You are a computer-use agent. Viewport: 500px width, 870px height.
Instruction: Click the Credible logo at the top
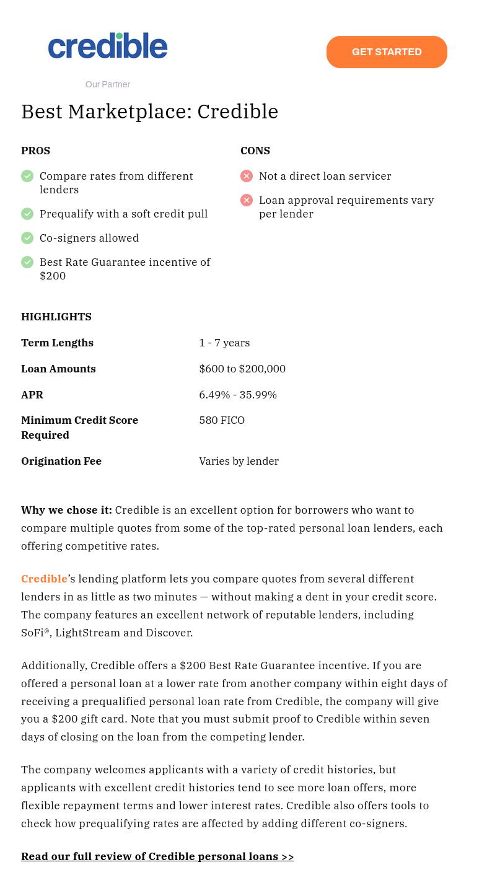click(x=108, y=46)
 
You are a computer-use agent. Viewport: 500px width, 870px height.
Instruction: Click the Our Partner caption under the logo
click(x=108, y=84)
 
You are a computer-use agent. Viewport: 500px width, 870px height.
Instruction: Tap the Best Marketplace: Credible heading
click(x=150, y=112)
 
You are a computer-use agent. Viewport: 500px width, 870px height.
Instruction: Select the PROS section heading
click(x=35, y=151)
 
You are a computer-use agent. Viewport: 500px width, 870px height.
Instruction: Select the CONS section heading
click(x=255, y=151)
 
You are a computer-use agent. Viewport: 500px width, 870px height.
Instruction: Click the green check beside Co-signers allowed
click(x=27, y=238)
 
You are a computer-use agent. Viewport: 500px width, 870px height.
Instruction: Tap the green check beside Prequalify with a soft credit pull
click(x=27, y=214)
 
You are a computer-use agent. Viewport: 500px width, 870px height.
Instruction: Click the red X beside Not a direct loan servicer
click(x=247, y=176)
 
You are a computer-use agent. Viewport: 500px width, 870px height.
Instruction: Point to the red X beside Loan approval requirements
click(x=247, y=200)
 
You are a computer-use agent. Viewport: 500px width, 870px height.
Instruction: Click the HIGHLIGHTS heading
click(x=56, y=317)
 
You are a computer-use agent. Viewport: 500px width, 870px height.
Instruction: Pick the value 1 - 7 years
click(x=224, y=343)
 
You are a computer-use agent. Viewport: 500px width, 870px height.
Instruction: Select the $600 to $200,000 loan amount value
click(x=242, y=369)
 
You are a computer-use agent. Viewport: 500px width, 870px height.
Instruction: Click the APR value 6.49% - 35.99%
click(x=238, y=395)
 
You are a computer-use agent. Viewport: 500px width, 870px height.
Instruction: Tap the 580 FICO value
click(x=222, y=420)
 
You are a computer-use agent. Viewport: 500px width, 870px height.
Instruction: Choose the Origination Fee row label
click(x=61, y=461)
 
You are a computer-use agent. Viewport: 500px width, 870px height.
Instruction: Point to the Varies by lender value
click(x=239, y=461)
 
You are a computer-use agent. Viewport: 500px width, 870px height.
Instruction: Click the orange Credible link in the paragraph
click(x=44, y=579)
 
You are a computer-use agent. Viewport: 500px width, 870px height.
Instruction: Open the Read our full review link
click(x=157, y=856)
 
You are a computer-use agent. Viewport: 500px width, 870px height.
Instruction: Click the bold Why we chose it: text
click(x=66, y=510)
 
